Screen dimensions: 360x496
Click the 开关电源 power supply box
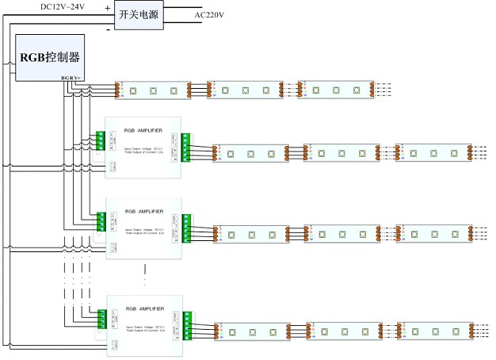(x=139, y=16)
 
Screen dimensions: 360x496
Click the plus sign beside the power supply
(x=107, y=7)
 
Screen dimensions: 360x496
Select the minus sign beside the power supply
(x=107, y=29)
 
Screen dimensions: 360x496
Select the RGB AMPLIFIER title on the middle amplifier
(x=144, y=212)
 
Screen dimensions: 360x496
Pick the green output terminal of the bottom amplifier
(x=186, y=324)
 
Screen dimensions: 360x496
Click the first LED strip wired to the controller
(x=153, y=90)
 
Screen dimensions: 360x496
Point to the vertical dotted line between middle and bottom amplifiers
(x=145, y=275)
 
